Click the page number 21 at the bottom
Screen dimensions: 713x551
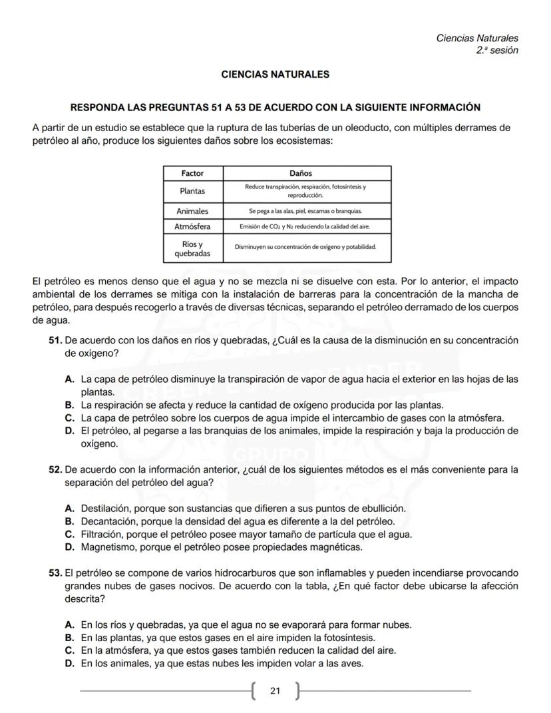(275, 690)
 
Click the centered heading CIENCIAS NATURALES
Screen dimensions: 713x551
(275, 75)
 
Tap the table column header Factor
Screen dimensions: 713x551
(192, 173)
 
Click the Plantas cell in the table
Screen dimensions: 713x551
(192, 191)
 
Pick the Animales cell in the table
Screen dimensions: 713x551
(192, 211)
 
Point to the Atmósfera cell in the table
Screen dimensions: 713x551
(192, 226)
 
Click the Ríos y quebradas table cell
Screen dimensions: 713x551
(192, 248)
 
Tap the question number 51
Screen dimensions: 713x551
(56, 340)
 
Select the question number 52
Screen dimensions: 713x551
(56, 469)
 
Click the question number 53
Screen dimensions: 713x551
(56, 573)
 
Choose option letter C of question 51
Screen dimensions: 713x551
(69, 418)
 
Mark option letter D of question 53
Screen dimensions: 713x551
(69, 663)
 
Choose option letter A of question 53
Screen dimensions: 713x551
(69, 624)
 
